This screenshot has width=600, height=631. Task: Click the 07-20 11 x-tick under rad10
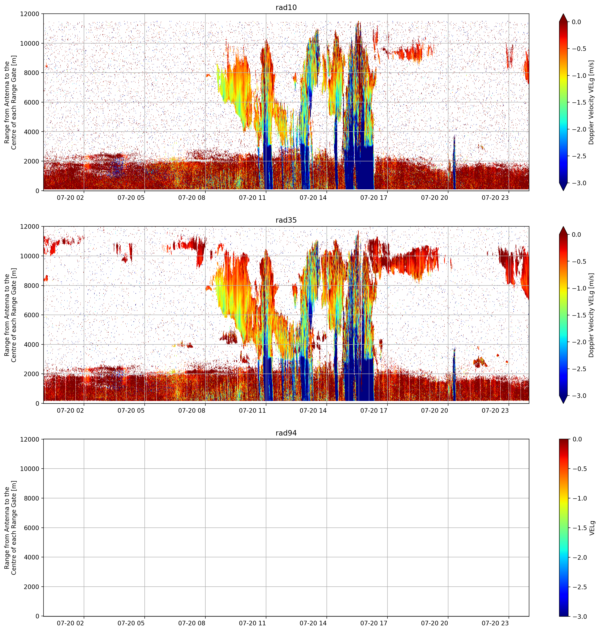(x=252, y=198)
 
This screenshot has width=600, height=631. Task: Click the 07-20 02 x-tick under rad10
(x=70, y=198)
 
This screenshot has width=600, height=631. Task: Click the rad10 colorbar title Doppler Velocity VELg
(x=591, y=102)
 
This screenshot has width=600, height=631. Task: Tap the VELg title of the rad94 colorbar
(x=592, y=528)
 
